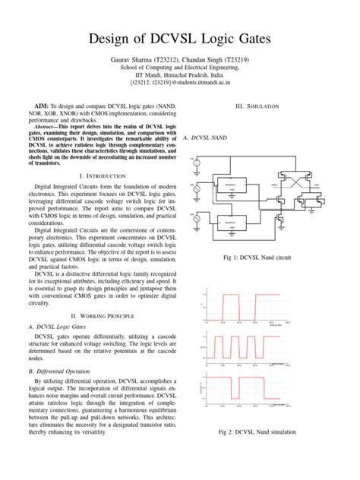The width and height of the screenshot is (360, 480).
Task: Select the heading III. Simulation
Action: [x=259, y=106]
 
